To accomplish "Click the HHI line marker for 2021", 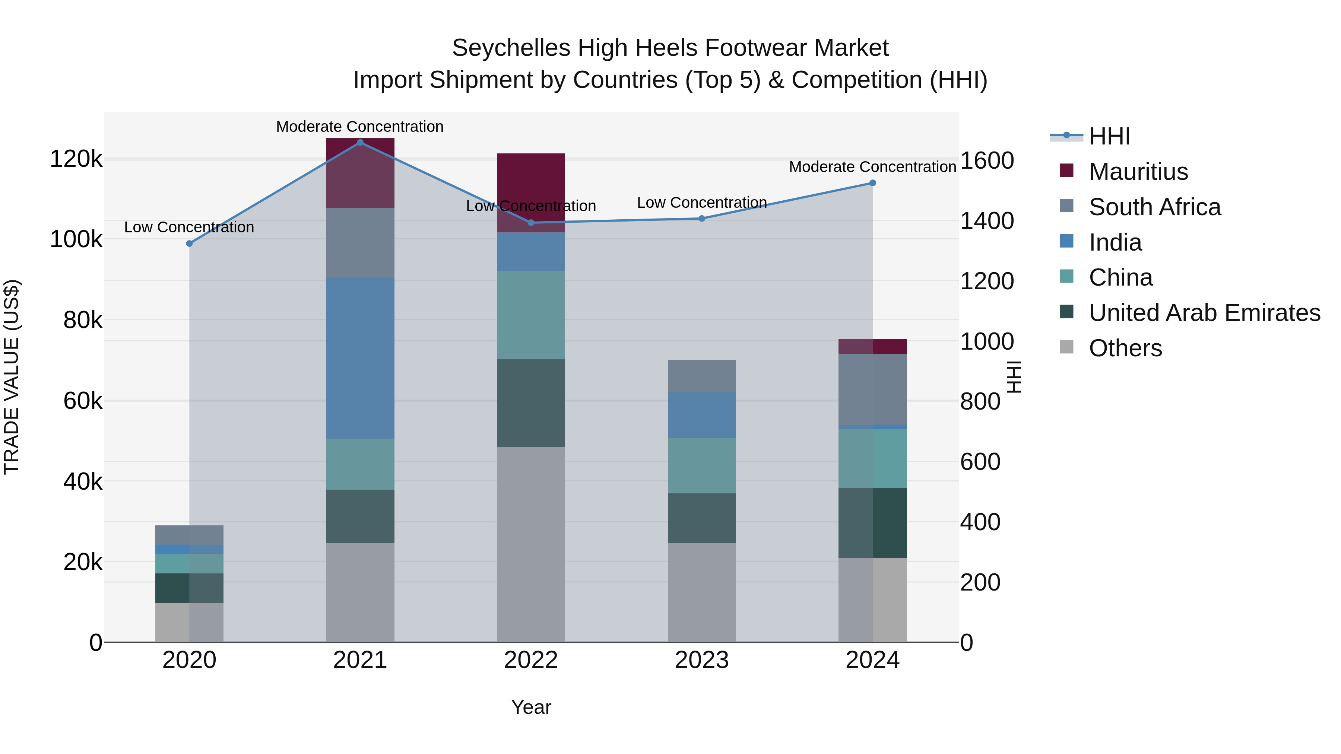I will pyautogui.click(x=360, y=143).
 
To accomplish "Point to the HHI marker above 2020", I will pyautogui.click(x=190, y=244).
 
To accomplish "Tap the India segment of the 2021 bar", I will pyautogui.click(x=360, y=358).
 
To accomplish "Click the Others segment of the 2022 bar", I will pyautogui.click(x=530, y=544).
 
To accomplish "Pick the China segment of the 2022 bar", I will pyautogui.click(x=530, y=315).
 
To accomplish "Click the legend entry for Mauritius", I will pyautogui.click(x=1138, y=172).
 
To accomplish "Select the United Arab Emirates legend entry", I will pyautogui.click(x=1204, y=313).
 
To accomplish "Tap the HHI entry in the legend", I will pyautogui.click(x=1109, y=136).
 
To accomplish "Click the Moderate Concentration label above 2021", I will pyautogui.click(x=360, y=127).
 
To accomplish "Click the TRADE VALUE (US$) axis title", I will pyautogui.click(x=12, y=377).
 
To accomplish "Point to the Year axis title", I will pyautogui.click(x=530, y=707).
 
